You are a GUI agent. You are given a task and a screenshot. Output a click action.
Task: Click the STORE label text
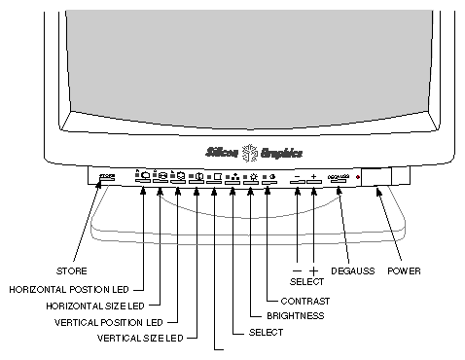72,270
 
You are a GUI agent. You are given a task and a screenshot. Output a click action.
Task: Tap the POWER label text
404,270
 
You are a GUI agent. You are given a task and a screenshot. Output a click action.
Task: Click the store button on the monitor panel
107,177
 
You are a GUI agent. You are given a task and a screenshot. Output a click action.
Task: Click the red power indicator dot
358,178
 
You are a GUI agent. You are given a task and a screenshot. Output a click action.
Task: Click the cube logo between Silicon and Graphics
248,152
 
